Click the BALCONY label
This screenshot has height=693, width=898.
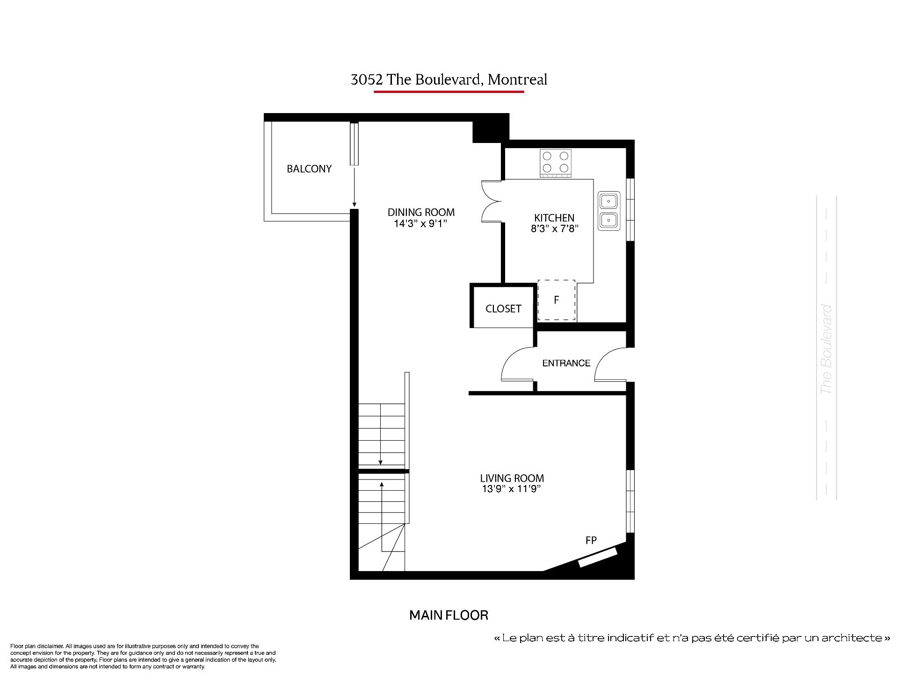[x=309, y=169]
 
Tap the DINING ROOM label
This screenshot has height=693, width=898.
[x=421, y=212]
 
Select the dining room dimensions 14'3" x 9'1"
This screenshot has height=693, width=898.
[x=421, y=223]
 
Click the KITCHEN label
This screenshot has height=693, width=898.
[x=554, y=218]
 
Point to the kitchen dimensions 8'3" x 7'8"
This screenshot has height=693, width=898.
[x=554, y=229]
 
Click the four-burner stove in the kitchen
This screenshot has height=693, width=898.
[x=556, y=163]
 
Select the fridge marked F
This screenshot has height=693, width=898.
[x=557, y=300]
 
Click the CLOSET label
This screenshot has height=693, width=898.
[x=503, y=308]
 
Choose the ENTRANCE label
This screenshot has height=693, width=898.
[x=566, y=363]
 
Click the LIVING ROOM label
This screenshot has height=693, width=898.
[x=512, y=478]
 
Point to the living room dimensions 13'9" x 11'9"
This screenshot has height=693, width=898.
[x=512, y=489]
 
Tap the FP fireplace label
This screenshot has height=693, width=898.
[x=591, y=540]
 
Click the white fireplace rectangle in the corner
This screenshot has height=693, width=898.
[x=598, y=557]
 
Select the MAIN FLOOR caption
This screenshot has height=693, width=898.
[x=449, y=615]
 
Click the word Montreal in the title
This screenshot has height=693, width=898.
[x=517, y=79]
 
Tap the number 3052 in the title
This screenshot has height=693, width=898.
[x=367, y=80]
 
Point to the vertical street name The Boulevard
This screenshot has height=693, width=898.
[x=826, y=350]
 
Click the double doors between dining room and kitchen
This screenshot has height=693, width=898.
[x=491, y=201]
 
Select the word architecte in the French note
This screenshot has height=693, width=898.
[x=850, y=638]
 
